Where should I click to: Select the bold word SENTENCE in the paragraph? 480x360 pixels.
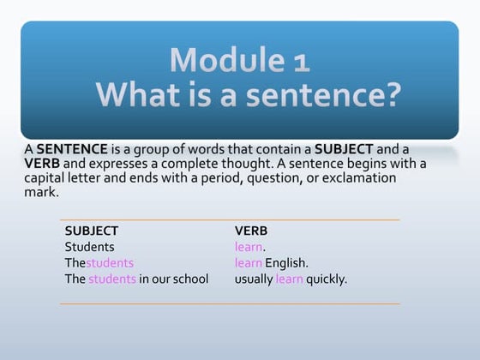click(x=72, y=149)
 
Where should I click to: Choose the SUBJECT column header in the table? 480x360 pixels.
click(x=92, y=231)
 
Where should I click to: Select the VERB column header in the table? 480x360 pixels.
click(x=251, y=231)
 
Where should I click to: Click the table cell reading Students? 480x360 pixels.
click(x=89, y=247)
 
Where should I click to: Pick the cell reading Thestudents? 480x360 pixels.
click(x=99, y=263)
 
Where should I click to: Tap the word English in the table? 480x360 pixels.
click(x=285, y=263)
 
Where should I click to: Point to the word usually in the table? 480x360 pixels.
click(x=254, y=279)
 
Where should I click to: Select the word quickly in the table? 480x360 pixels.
click(x=327, y=279)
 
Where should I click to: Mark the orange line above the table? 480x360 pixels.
click(x=230, y=220)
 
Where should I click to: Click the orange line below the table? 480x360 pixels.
click(x=230, y=303)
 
